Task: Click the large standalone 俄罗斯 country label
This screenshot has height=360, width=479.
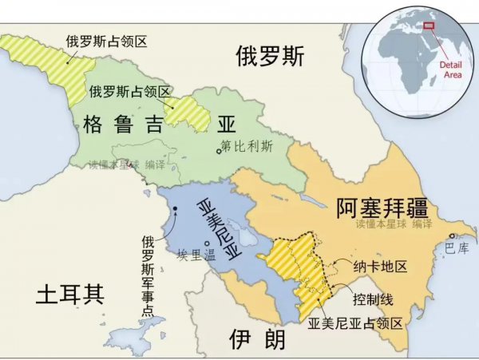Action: [x=270, y=56]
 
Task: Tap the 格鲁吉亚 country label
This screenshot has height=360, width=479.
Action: [x=159, y=125]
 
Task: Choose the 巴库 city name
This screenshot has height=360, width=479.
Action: [x=457, y=249]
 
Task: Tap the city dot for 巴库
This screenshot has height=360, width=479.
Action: [x=453, y=235]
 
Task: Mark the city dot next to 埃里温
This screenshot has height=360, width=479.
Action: [x=208, y=243]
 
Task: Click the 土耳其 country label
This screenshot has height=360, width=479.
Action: [x=70, y=295]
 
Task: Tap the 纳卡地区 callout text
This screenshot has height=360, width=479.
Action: [x=380, y=266]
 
